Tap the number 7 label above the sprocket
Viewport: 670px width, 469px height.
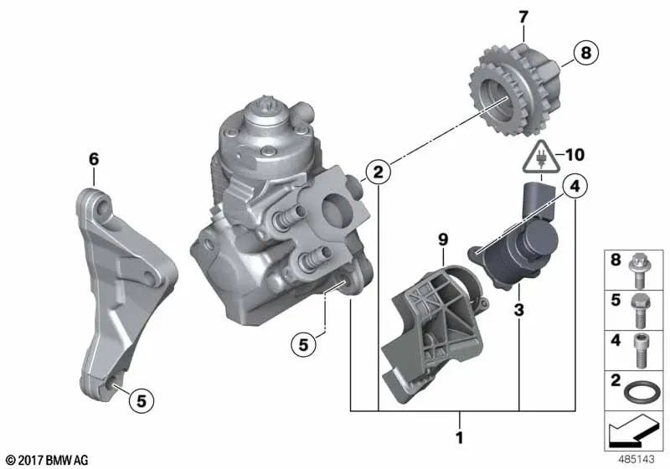pos(523,17)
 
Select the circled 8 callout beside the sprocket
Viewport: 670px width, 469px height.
pos(583,54)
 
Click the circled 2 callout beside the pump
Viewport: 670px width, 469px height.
pos(379,173)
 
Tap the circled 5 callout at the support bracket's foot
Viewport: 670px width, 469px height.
pos(142,401)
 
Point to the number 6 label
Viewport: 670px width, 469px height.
pos(94,157)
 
